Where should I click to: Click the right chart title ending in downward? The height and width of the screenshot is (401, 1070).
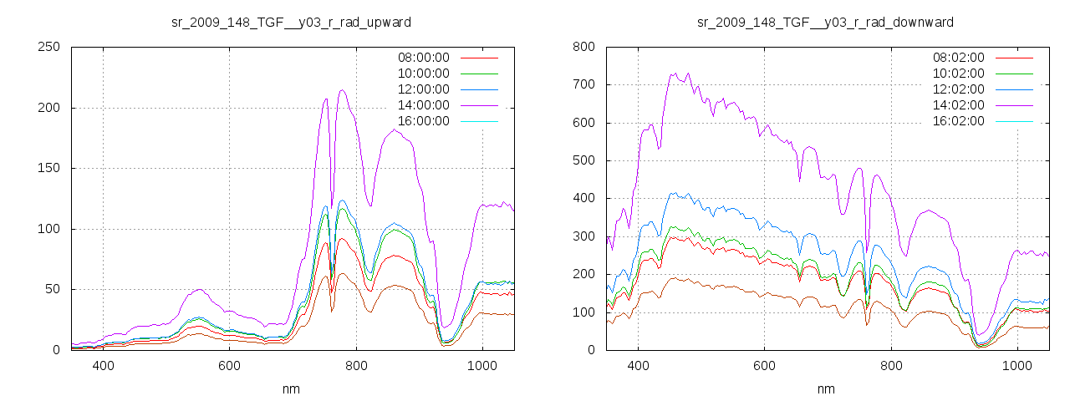(x=826, y=22)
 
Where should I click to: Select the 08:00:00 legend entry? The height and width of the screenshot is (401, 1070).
(x=423, y=58)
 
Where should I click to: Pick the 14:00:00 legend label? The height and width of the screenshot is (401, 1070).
(x=423, y=105)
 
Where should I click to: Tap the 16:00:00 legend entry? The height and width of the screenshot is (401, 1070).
(x=423, y=121)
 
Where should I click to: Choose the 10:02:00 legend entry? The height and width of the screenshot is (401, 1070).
(x=958, y=74)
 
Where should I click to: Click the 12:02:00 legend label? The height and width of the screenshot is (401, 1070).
(x=958, y=89)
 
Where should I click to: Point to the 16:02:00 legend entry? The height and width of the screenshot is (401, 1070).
(x=958, y=121)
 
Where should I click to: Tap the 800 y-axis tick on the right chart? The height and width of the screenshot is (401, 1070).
(x=583, y=47)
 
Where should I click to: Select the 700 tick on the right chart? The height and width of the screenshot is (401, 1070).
(x=583, y=84)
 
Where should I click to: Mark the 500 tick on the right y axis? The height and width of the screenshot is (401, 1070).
(x=583, y=160)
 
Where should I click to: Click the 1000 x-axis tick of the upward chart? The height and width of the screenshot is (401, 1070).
(x=482, y=366)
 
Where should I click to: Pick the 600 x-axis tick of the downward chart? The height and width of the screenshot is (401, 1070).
(x=764, y=366)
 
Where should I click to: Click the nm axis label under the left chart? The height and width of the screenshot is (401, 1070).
(x=291, y=388)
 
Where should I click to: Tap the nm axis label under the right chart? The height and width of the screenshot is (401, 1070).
(x=826, y=388)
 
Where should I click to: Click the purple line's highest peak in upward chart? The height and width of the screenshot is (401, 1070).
(x=342, y=90)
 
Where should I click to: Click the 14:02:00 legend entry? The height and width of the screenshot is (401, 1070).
(x=958, y=105)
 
